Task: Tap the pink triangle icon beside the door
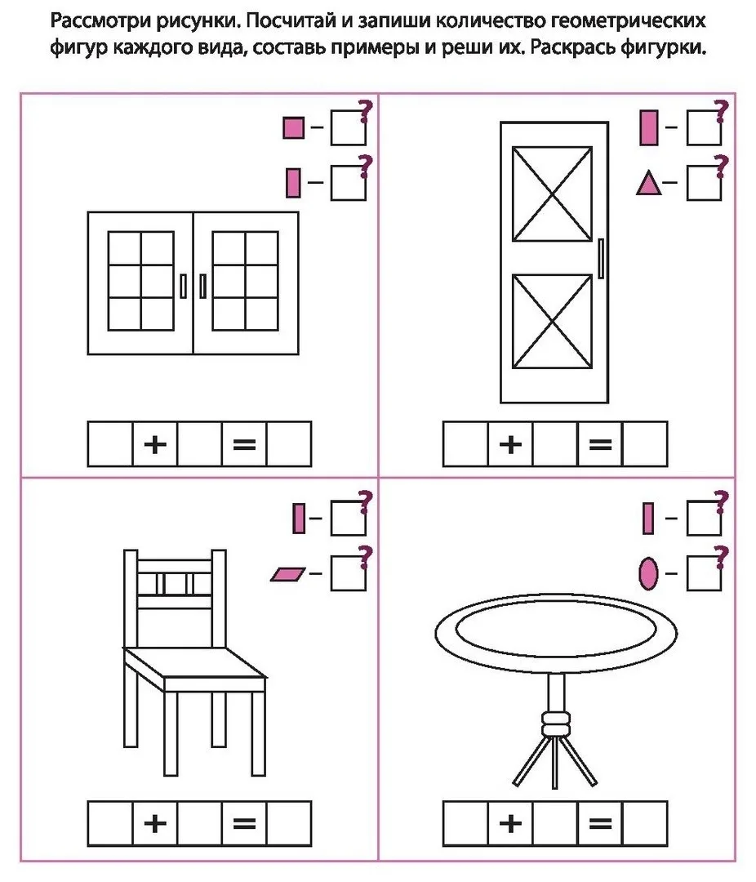click(648, 183)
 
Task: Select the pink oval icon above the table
click(648, 573)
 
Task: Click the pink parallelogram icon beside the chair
click(288, 574)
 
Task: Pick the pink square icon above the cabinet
click(294, 127)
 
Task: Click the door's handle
click(601, 258)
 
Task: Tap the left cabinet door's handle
click(183, 286)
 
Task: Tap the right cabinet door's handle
click(203, 286)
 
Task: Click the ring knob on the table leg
click(556, 724)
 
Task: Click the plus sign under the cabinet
click(155, 444)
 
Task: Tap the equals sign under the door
click(600, 444)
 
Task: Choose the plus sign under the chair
click(155, 823)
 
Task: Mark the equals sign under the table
click(600, 823)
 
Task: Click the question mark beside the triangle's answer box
click(721, 167)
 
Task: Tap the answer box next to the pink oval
click(704, 574)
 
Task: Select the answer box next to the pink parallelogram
click(348, 574)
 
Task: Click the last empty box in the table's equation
click(645, 823)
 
